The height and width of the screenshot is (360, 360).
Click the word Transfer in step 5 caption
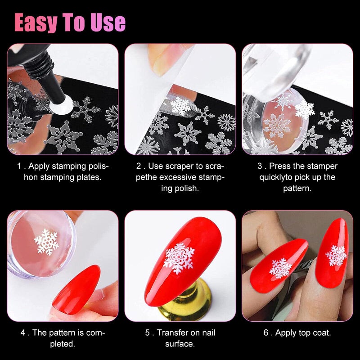[173, 333]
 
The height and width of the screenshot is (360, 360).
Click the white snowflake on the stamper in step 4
[46, 242]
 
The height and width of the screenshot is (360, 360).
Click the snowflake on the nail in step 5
[179, 258]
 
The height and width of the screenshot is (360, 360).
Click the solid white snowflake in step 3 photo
[305, 110]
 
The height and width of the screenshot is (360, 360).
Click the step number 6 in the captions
[266, 333]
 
